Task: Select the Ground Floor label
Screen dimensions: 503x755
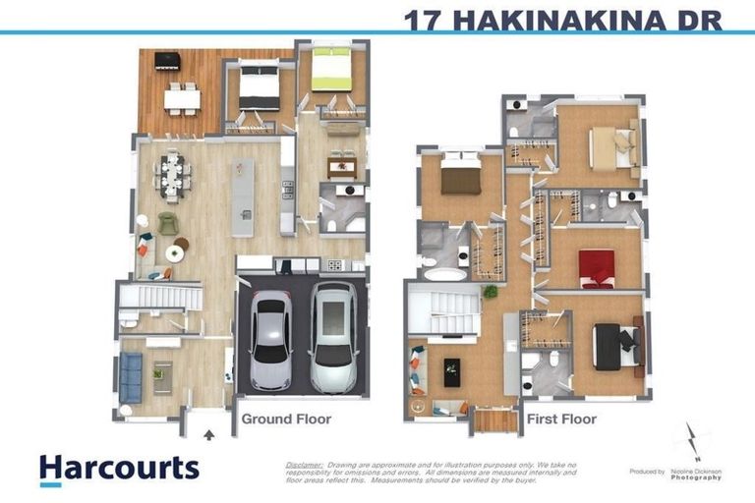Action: (x=286, y=419)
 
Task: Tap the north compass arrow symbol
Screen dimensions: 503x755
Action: (x=694, y=442)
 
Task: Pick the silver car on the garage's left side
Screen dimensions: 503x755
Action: (x=270, y=340)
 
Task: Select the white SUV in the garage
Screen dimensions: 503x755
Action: (x=333, y=336)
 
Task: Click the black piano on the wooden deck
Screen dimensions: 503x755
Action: (x=166, y=61)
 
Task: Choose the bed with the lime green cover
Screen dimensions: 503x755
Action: (x=331, y=71)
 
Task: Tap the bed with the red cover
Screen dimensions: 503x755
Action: (x=596, y=268)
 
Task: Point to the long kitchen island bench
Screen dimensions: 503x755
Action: (x=243, y=196)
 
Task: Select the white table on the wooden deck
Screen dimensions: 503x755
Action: (x=182, y=97)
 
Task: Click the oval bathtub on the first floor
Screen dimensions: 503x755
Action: (x=445, y=274)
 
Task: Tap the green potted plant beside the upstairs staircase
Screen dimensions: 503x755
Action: (x=490, y=292)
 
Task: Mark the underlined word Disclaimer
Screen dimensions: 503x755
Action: (x=304, y=464)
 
